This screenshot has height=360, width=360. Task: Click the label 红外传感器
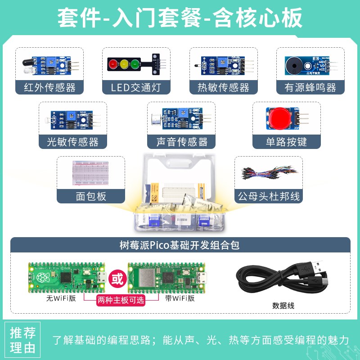49,87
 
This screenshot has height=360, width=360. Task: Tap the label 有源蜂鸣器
310,87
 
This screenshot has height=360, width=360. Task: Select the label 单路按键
286,142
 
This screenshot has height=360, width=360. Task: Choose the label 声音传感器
182,142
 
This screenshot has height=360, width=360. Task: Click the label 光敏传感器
72,142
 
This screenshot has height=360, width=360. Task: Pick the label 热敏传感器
223,87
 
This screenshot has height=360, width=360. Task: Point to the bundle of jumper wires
269,173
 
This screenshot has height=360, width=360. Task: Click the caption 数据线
283,306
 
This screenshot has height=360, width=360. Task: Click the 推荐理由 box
23,340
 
